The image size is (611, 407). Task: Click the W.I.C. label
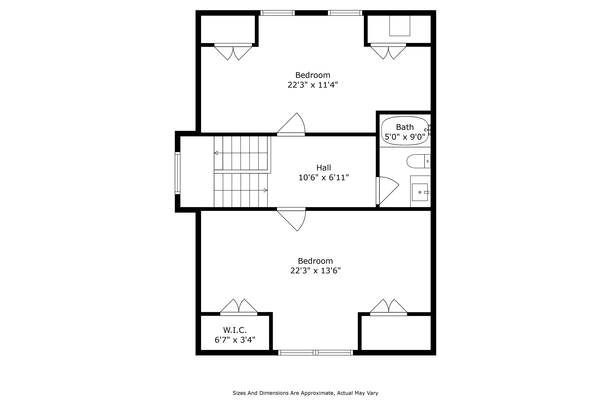tap(235, 330)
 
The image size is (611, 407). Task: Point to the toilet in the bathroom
tap(418, 161)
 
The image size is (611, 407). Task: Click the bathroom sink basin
tap(420, 192)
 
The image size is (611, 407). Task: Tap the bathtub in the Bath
tap(404, 131)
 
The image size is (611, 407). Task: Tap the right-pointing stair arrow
tap(265, 190)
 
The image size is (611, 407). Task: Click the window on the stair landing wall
tap(177, 173)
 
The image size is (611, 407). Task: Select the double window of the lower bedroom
tap(315, 353)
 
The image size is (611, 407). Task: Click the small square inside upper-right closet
tap(400, 25)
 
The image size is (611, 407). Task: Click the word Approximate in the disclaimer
tap(317, 393)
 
